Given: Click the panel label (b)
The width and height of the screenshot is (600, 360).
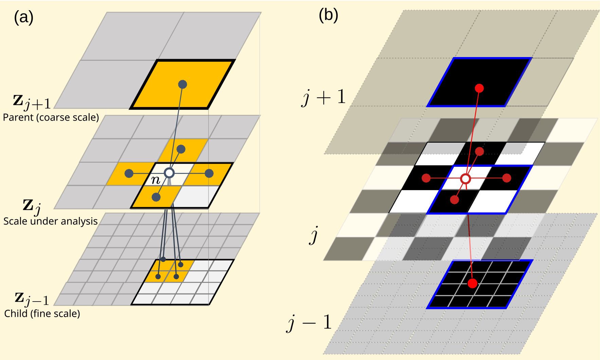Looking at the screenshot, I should click(x=328, y=15).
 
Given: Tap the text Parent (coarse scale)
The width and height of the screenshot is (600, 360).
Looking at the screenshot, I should click(x=51, y=117).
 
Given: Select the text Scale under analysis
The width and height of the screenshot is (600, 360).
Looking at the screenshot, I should click(x=51, y=221).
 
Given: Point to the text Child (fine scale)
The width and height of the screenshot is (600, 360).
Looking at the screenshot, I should click(x=42, y=313).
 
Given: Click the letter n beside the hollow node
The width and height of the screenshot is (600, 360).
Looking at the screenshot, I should click(x=156, y=180).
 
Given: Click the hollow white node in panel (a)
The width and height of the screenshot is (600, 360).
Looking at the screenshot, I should click(x=169, y=173).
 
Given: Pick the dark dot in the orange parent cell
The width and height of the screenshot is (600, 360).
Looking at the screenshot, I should click(x=183, y=84).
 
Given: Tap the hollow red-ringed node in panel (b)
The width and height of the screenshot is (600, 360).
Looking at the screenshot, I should click(x=466, y=179).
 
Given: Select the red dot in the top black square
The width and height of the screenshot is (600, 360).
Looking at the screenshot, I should click(x=479, y=88).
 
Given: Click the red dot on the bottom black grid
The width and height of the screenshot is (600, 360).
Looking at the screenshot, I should click(x=472, y=283).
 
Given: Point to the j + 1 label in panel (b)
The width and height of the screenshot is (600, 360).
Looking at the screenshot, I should click(x=324, y=97).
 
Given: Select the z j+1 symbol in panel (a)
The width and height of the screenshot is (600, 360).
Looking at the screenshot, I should click(x=32, y=102).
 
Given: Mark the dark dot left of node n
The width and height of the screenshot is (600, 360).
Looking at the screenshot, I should click(x=129, y=174).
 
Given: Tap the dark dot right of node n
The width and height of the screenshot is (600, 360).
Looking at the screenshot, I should click(x=209, y=174).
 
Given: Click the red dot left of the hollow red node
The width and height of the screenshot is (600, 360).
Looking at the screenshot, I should click(x=426, y=178).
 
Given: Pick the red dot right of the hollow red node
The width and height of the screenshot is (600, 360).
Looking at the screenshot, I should click(x=507, y=178).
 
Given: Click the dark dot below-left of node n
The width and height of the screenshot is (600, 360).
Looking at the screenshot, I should click(x=156, y=197).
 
